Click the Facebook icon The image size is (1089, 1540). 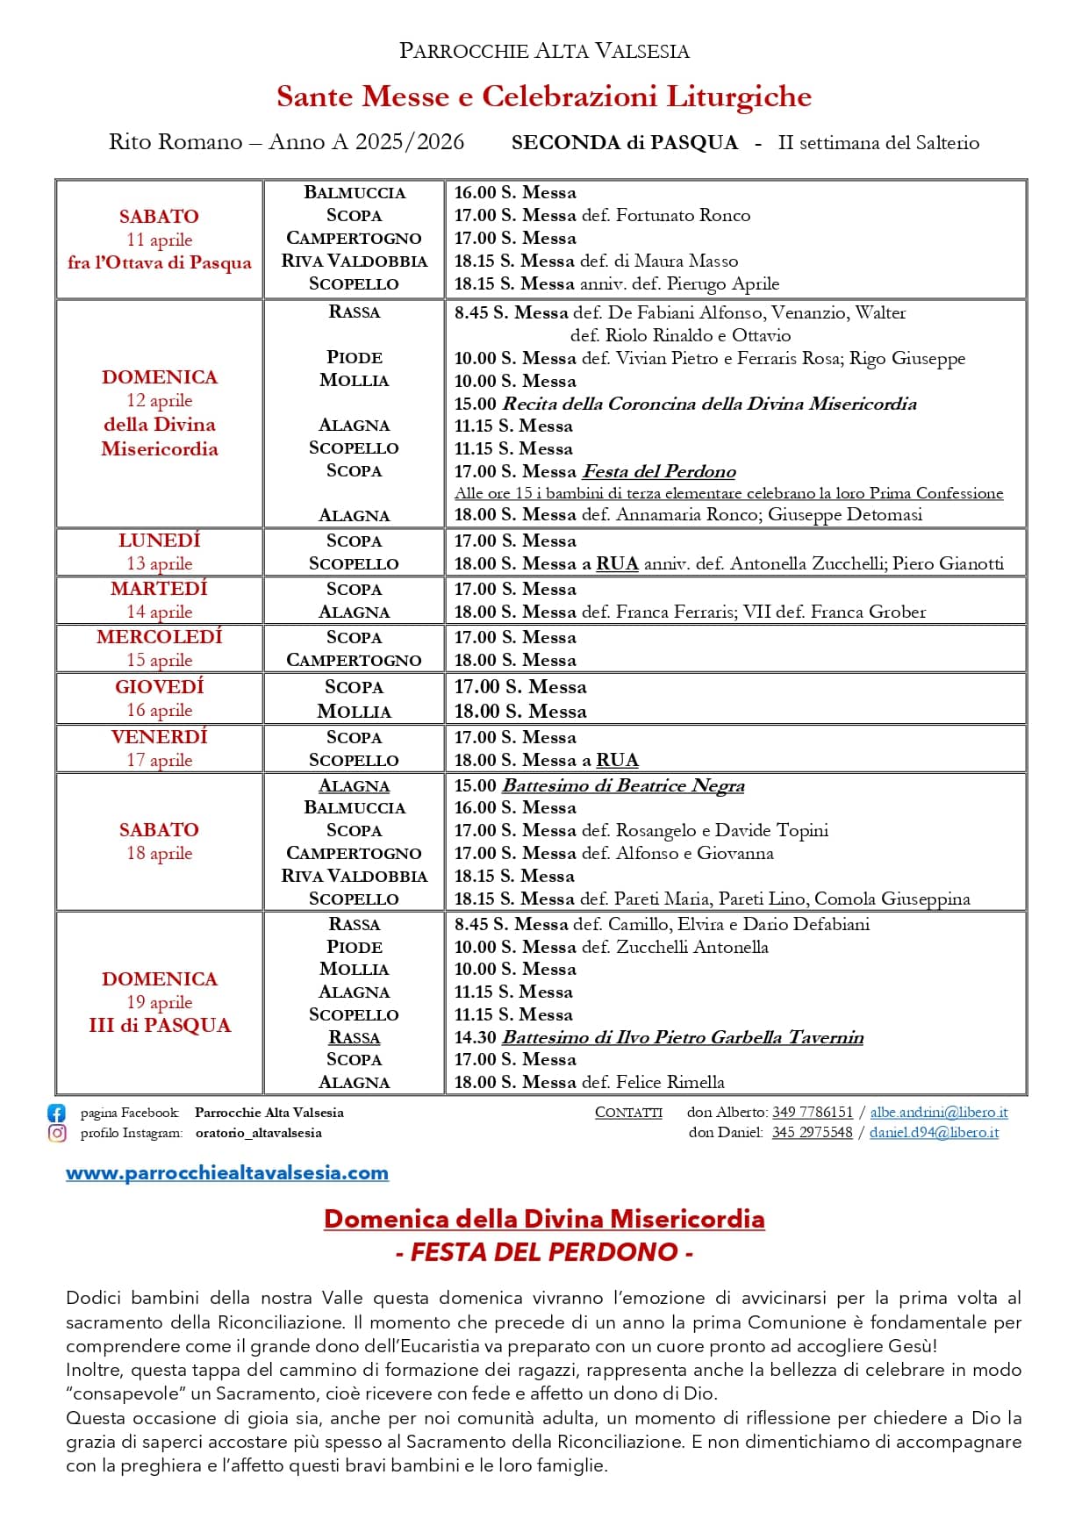point(56,1113)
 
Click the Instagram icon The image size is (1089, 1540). point(56,1133)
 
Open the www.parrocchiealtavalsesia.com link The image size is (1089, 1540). point(226,1173)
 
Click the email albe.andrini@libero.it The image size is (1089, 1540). point(938,1113)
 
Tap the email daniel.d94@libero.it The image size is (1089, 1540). point(934,1133)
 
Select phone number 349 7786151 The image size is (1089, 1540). point(812,1113)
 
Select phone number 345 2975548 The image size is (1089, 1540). point(812,1133)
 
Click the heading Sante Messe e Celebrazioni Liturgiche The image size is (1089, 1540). point(543,97)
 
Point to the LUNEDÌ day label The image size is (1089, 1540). point(160,541)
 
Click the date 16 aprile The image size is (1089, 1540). point(160,710)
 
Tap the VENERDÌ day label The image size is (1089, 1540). point(160,737)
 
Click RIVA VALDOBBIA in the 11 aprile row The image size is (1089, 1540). point(354,261)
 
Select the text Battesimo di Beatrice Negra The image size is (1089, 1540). point(622,785)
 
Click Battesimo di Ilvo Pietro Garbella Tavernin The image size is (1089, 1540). point(682,1037)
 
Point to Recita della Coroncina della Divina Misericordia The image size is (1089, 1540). point(709,404)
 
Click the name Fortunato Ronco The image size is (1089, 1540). point(683,215)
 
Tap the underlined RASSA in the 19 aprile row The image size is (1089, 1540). point(354,1037)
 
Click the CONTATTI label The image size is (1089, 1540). point(628,1113)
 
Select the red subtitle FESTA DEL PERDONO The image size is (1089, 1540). point(544,1252)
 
